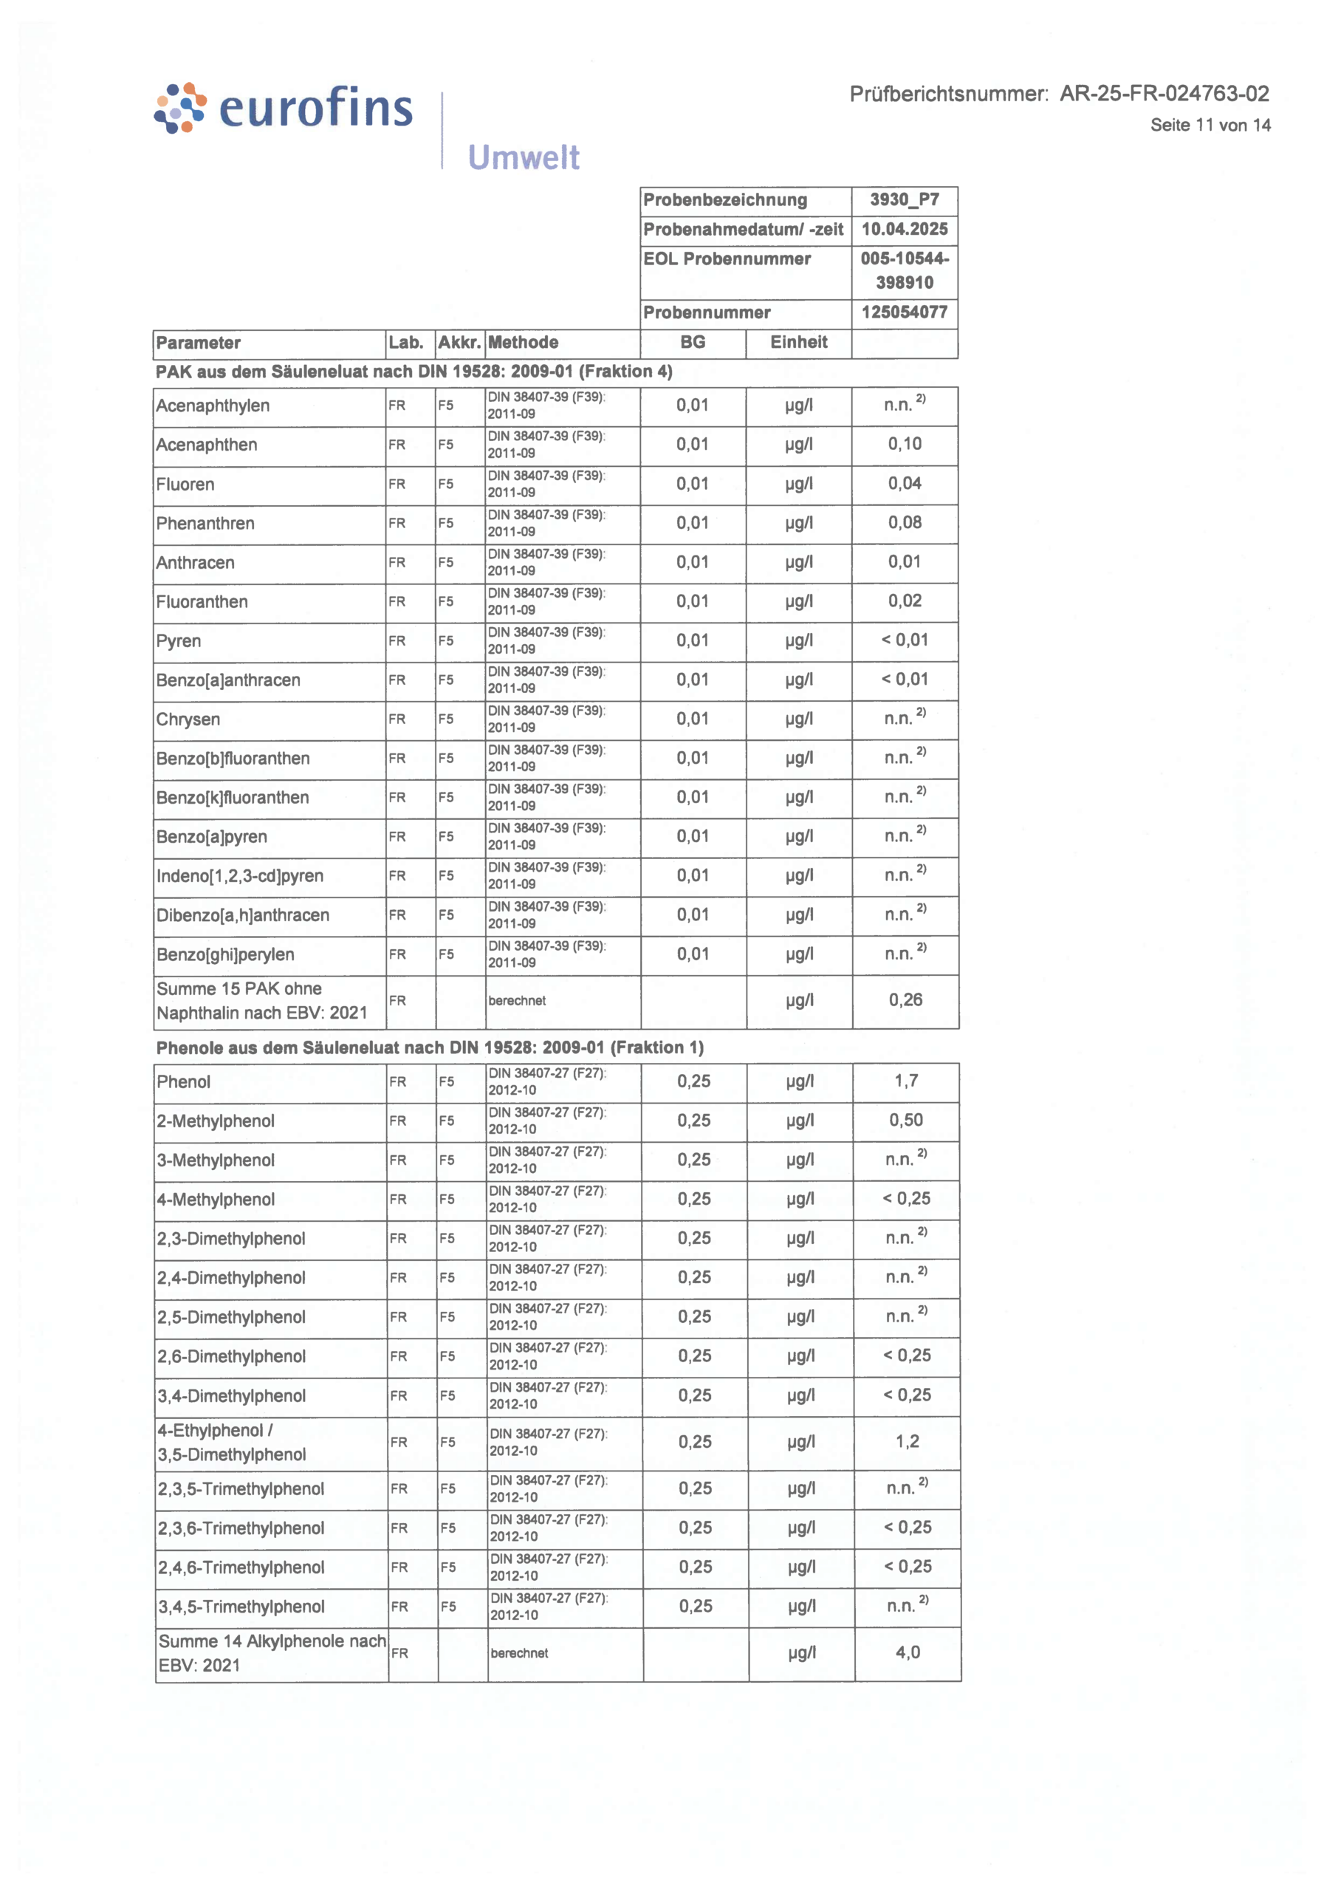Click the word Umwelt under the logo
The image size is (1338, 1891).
coord(524,157)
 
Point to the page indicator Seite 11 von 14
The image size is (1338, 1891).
coord(1210,126)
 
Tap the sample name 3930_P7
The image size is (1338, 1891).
coord(904,200)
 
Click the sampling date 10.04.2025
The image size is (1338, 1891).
coord(904,229)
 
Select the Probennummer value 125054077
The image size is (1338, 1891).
coord(904,312)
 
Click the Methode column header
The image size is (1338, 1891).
coord(524,343)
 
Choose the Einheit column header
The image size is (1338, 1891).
coord(797,343)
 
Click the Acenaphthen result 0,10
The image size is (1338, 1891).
coord(904,444)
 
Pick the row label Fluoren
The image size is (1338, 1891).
coord(185,485)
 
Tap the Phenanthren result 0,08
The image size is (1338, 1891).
coord(904,522)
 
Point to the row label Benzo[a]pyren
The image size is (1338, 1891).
coord(212,837)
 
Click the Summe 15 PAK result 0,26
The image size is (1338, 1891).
coord(905,1000)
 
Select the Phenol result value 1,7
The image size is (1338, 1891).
coord(905,1081)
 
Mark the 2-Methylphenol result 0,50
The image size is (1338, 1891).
coord(905,1121)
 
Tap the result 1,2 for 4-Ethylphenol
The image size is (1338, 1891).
coord(906,1442)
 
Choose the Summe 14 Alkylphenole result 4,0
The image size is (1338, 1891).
coord(907,1653)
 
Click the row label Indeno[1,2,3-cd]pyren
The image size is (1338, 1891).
coord(240,876)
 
